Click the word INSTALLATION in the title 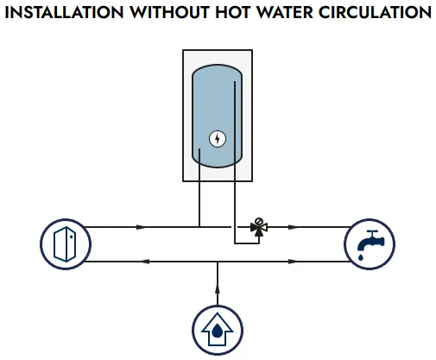point(64,12)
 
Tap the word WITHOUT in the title point(169,12)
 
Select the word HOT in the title point(233,12)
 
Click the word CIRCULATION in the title point(375,12)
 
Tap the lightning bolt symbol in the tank point(218,139)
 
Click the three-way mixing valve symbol point(259,227)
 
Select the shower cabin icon point(66,244)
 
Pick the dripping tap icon point(370,244)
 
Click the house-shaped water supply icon point(218,330)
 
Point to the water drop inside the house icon point(217,331)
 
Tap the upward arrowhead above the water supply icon point(218,288)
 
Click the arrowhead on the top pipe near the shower point(141,227)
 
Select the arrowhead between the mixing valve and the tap point(293,227)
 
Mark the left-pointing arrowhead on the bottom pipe point(144,262)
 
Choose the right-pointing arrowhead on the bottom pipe point(293,262)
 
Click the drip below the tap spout point(360,256)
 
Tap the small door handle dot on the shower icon point(71,237)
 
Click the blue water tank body point(217,116)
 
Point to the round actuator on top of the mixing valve point(259,221)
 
